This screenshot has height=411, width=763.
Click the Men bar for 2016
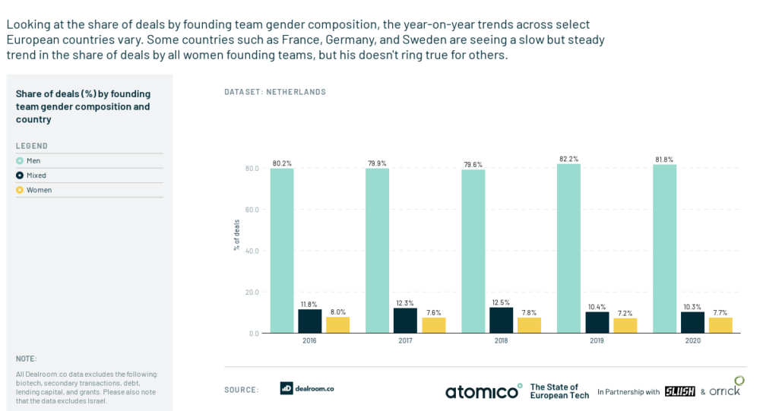click(282, 251)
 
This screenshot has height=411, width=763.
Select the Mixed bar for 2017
click(405, 321)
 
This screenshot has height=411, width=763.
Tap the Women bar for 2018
click(529, 325)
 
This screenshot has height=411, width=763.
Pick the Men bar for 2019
click(568, 248)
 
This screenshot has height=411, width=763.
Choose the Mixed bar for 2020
click(692, 322)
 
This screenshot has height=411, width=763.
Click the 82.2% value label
click(568, 159)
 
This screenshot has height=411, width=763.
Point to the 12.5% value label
click(501, 302)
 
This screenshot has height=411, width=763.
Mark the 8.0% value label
click(337, 311)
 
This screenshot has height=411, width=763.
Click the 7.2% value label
click(625, 313)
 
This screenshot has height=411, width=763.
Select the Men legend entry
click(33, 161)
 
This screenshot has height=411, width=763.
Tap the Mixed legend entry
click(36, 175)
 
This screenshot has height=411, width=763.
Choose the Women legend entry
click(39, 190)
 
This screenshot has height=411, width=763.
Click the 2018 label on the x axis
click(501, 341)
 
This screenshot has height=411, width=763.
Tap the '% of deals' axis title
click(236, 236)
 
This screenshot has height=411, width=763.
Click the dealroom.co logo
click(307, 388)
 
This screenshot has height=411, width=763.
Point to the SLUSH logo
click(679, 391)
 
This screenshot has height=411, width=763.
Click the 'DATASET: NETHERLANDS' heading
click(275, 92)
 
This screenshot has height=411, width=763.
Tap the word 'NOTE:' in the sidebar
click(26, 359)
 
